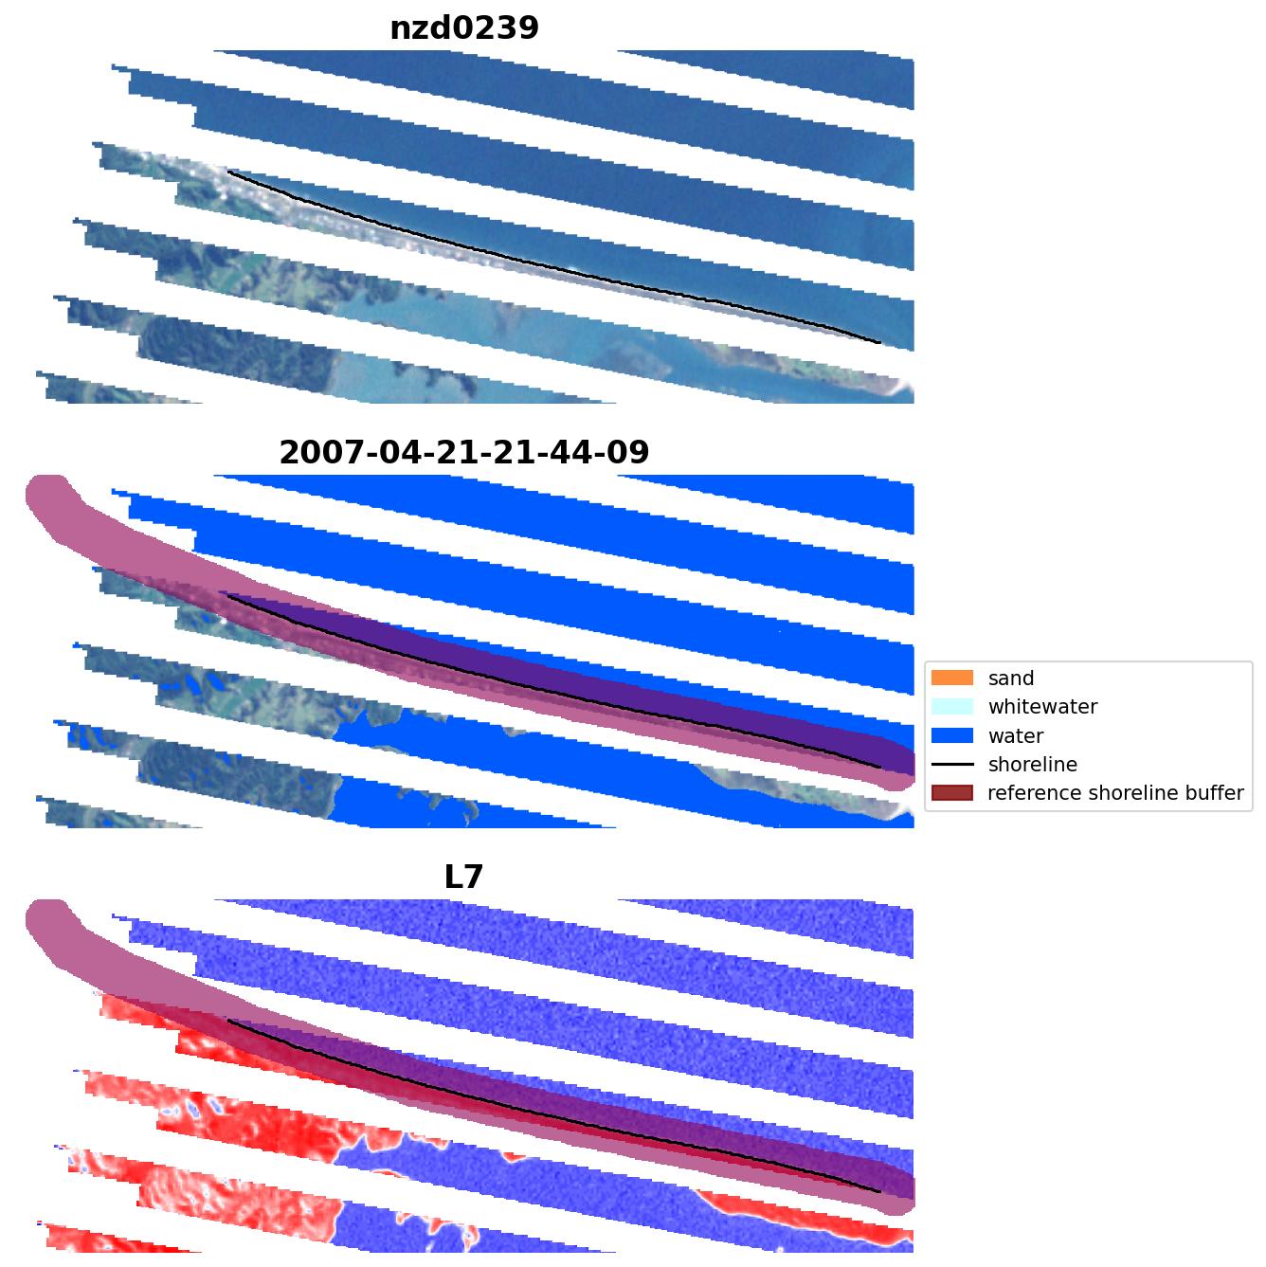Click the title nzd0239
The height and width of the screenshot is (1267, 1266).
464,27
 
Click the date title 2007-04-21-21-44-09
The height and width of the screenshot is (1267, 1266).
464,452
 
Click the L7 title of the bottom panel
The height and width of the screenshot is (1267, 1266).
464,877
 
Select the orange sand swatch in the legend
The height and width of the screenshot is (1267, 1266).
952,678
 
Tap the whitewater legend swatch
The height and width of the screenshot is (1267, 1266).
952,707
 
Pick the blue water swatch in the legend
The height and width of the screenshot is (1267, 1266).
952,735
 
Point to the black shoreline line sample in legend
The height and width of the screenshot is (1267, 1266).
952,764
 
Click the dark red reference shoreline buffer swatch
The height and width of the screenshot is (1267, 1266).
952,793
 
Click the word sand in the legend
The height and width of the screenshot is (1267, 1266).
1010,679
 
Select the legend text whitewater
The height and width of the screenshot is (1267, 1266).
1042,707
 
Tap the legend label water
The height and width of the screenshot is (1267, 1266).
1015,736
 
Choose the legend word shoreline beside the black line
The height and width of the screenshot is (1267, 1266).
1032,765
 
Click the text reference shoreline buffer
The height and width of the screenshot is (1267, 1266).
1114,793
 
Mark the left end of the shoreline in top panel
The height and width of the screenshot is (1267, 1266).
228,172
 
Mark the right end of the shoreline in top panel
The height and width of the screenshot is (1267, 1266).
879,342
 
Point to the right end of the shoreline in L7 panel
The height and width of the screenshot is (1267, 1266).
879,1191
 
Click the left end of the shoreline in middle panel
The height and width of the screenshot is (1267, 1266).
228,596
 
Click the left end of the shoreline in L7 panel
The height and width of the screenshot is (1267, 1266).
228,1021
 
